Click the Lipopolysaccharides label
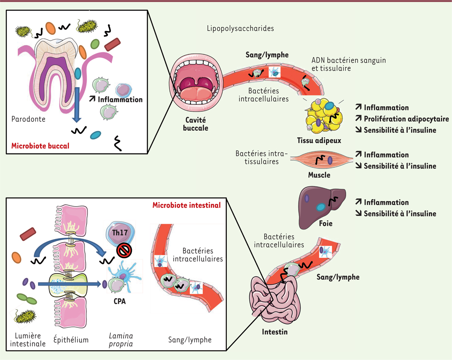[x=240, y=28]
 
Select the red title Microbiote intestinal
[x=186, y=205]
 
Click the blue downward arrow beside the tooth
[x=77, y=101]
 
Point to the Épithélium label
[x=71, y=340]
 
